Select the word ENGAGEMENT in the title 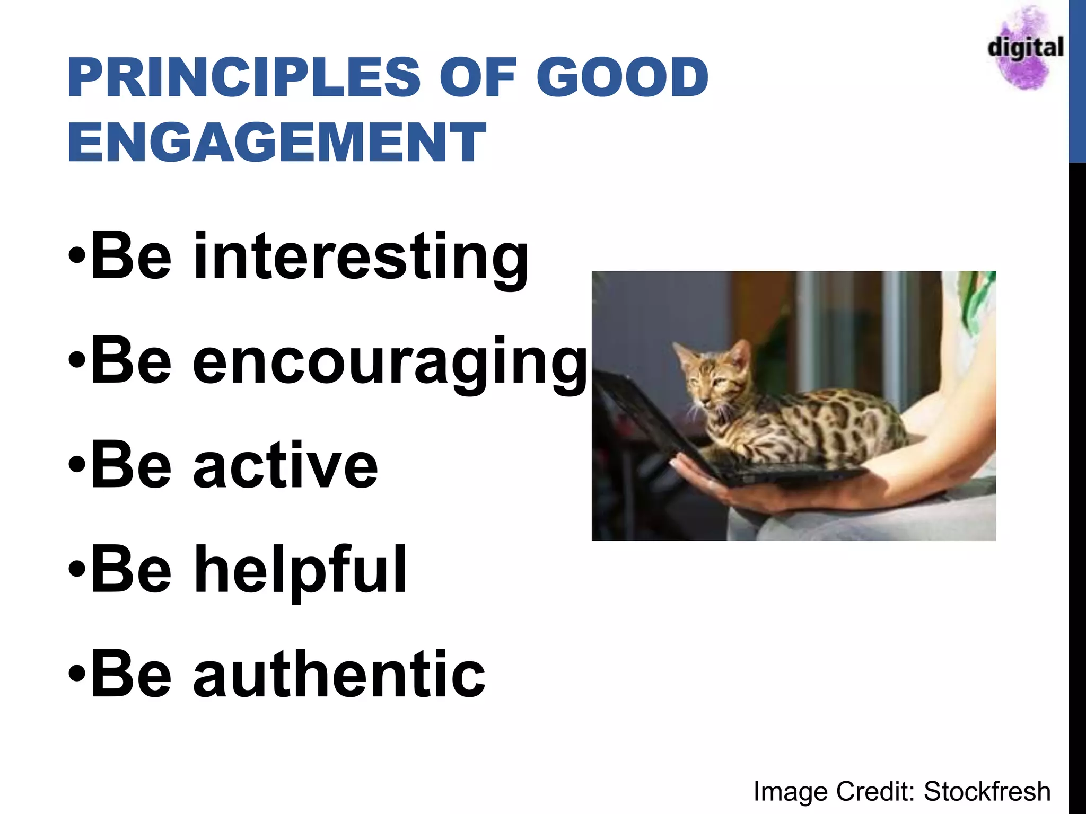(x=276, y=142)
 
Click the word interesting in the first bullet (x=361, y=257)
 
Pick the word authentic (x=339, y=675)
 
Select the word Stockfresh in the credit (x=987, y=791)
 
